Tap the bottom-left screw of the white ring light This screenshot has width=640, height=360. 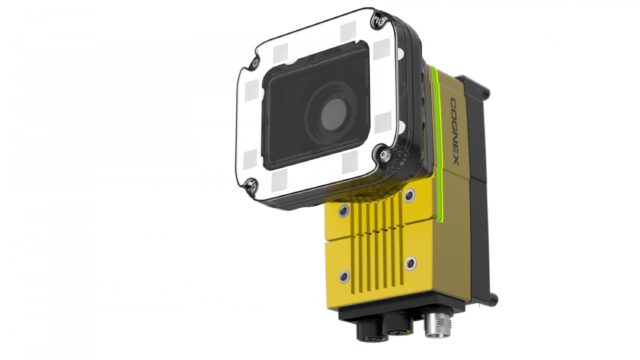click(x=252, y=185)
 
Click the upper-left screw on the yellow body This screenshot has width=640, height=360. click(x=344, y=211)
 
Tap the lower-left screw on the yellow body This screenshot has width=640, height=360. click(x=344, y=274)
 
